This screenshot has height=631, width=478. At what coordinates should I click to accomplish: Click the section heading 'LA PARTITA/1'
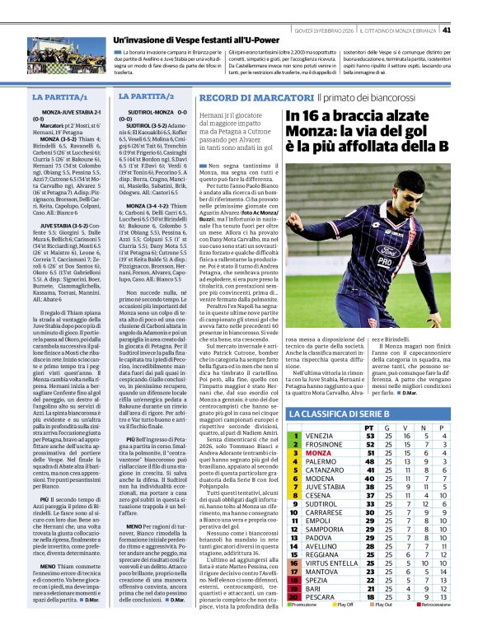56,97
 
